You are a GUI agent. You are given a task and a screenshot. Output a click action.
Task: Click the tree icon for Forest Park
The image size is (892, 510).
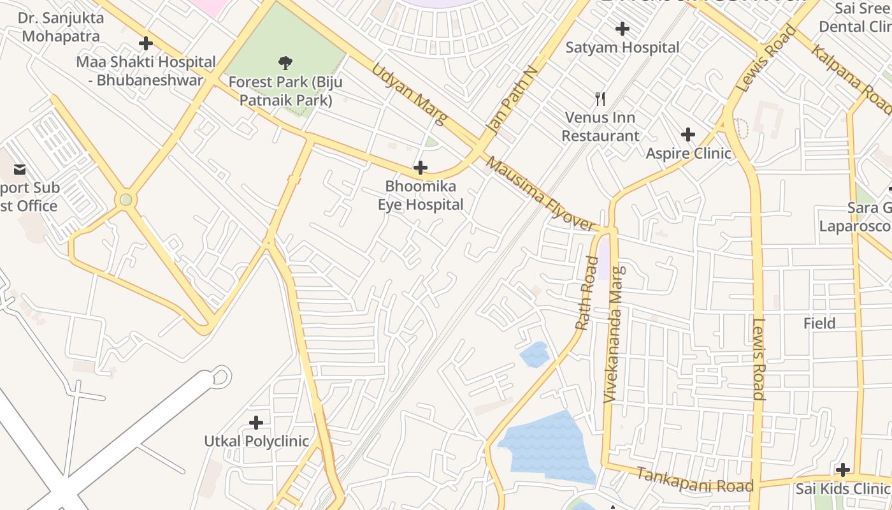(285, 62)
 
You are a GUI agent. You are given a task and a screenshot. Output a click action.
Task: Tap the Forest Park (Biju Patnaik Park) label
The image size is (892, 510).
(285, 91)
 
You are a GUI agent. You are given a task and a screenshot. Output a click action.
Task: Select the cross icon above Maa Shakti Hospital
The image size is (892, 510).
(146, 43)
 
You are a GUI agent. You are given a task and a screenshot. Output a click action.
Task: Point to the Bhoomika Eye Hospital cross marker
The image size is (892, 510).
(421, 168)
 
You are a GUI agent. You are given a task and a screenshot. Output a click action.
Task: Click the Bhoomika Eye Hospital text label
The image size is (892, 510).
(421, 196)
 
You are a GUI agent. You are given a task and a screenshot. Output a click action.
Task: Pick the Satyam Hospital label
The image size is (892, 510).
(622, 47)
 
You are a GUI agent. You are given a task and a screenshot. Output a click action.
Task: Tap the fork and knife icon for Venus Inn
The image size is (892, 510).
(600, 98)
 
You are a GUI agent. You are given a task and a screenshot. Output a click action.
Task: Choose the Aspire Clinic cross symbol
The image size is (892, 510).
(687, 135)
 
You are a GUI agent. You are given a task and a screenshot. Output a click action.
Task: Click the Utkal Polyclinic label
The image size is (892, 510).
(256, 441)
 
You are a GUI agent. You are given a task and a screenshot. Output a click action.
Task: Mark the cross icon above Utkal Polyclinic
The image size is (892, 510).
(256, 422)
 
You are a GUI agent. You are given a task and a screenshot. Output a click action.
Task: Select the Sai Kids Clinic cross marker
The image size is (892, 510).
(843, 470)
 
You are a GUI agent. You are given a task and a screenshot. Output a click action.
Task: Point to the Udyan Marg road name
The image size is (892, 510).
(408, 93)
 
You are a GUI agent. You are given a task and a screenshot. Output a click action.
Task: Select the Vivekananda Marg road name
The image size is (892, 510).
(614, 334)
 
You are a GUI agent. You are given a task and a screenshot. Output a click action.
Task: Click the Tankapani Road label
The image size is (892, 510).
(694, 480)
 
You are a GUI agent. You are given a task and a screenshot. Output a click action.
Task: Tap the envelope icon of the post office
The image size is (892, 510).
(19, 169)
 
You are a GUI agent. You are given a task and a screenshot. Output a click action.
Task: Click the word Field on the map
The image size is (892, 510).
(819, 323)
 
